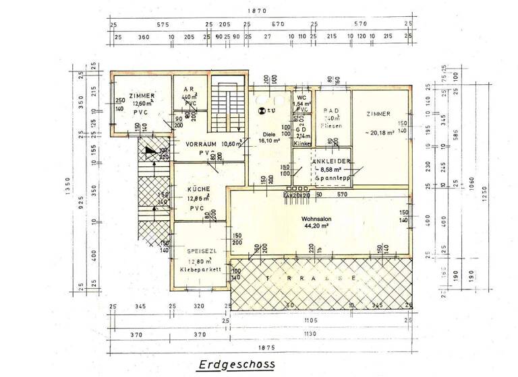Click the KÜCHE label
[198, 189]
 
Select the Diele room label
[269, 133]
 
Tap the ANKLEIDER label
[330, 162]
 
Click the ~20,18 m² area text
[382, 133]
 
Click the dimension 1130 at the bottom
[310, 334]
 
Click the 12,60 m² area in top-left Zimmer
[142, 104]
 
